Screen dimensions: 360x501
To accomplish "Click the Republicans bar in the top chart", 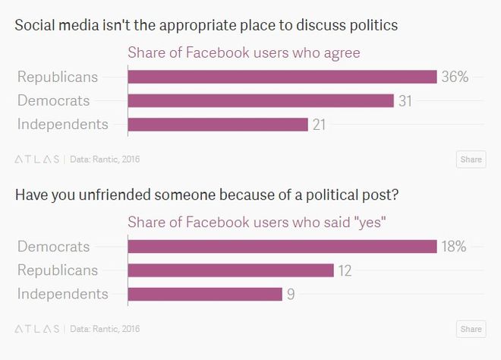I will (x=282, y=77).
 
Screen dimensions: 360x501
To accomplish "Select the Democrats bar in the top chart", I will (x=260, y=100).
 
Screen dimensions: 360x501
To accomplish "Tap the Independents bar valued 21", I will (x=218, y=125).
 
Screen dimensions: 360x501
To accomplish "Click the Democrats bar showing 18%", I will (x=282, y=246).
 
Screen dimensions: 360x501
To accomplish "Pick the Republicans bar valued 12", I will (x=231, y=270).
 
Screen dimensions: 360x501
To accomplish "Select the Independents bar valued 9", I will (x=205, y=294).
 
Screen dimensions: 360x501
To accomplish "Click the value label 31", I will (x=405, y=100).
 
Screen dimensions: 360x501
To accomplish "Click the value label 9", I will (x=291, y=294).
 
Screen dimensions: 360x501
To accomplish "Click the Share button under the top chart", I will (x=471, y=159).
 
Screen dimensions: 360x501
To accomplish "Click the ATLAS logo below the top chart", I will (x=37, y=159).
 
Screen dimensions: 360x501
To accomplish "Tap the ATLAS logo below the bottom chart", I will (x=37, y=329).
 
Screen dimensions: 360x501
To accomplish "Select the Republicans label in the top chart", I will (x=58, y=77).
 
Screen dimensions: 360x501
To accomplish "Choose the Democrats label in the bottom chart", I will (x=53, y=246).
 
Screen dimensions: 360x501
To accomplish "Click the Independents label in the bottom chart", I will (x=62, y=294).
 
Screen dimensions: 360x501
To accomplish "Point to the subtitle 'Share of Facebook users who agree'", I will (x=243, y=53).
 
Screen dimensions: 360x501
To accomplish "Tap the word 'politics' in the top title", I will (x=373, y=26).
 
